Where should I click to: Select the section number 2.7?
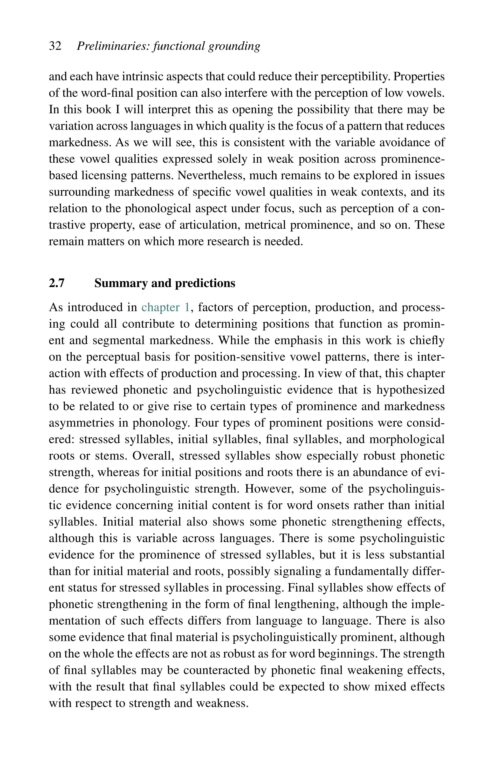57,283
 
